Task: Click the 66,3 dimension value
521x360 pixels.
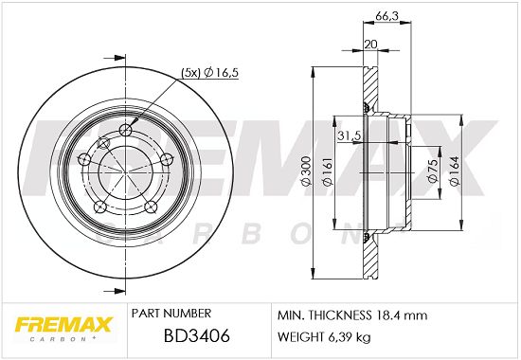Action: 386,15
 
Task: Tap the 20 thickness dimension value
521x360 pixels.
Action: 370,44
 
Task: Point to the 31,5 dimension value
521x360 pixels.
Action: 349,135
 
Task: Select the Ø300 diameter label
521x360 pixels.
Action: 305,171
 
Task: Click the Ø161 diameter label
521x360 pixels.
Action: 328,171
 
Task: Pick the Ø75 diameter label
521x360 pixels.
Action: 432,171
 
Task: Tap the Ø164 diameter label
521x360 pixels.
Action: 454,171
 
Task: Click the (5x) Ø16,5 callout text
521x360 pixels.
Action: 209,72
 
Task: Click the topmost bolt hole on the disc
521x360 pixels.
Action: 125,129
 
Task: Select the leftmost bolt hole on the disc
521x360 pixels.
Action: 83,159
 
